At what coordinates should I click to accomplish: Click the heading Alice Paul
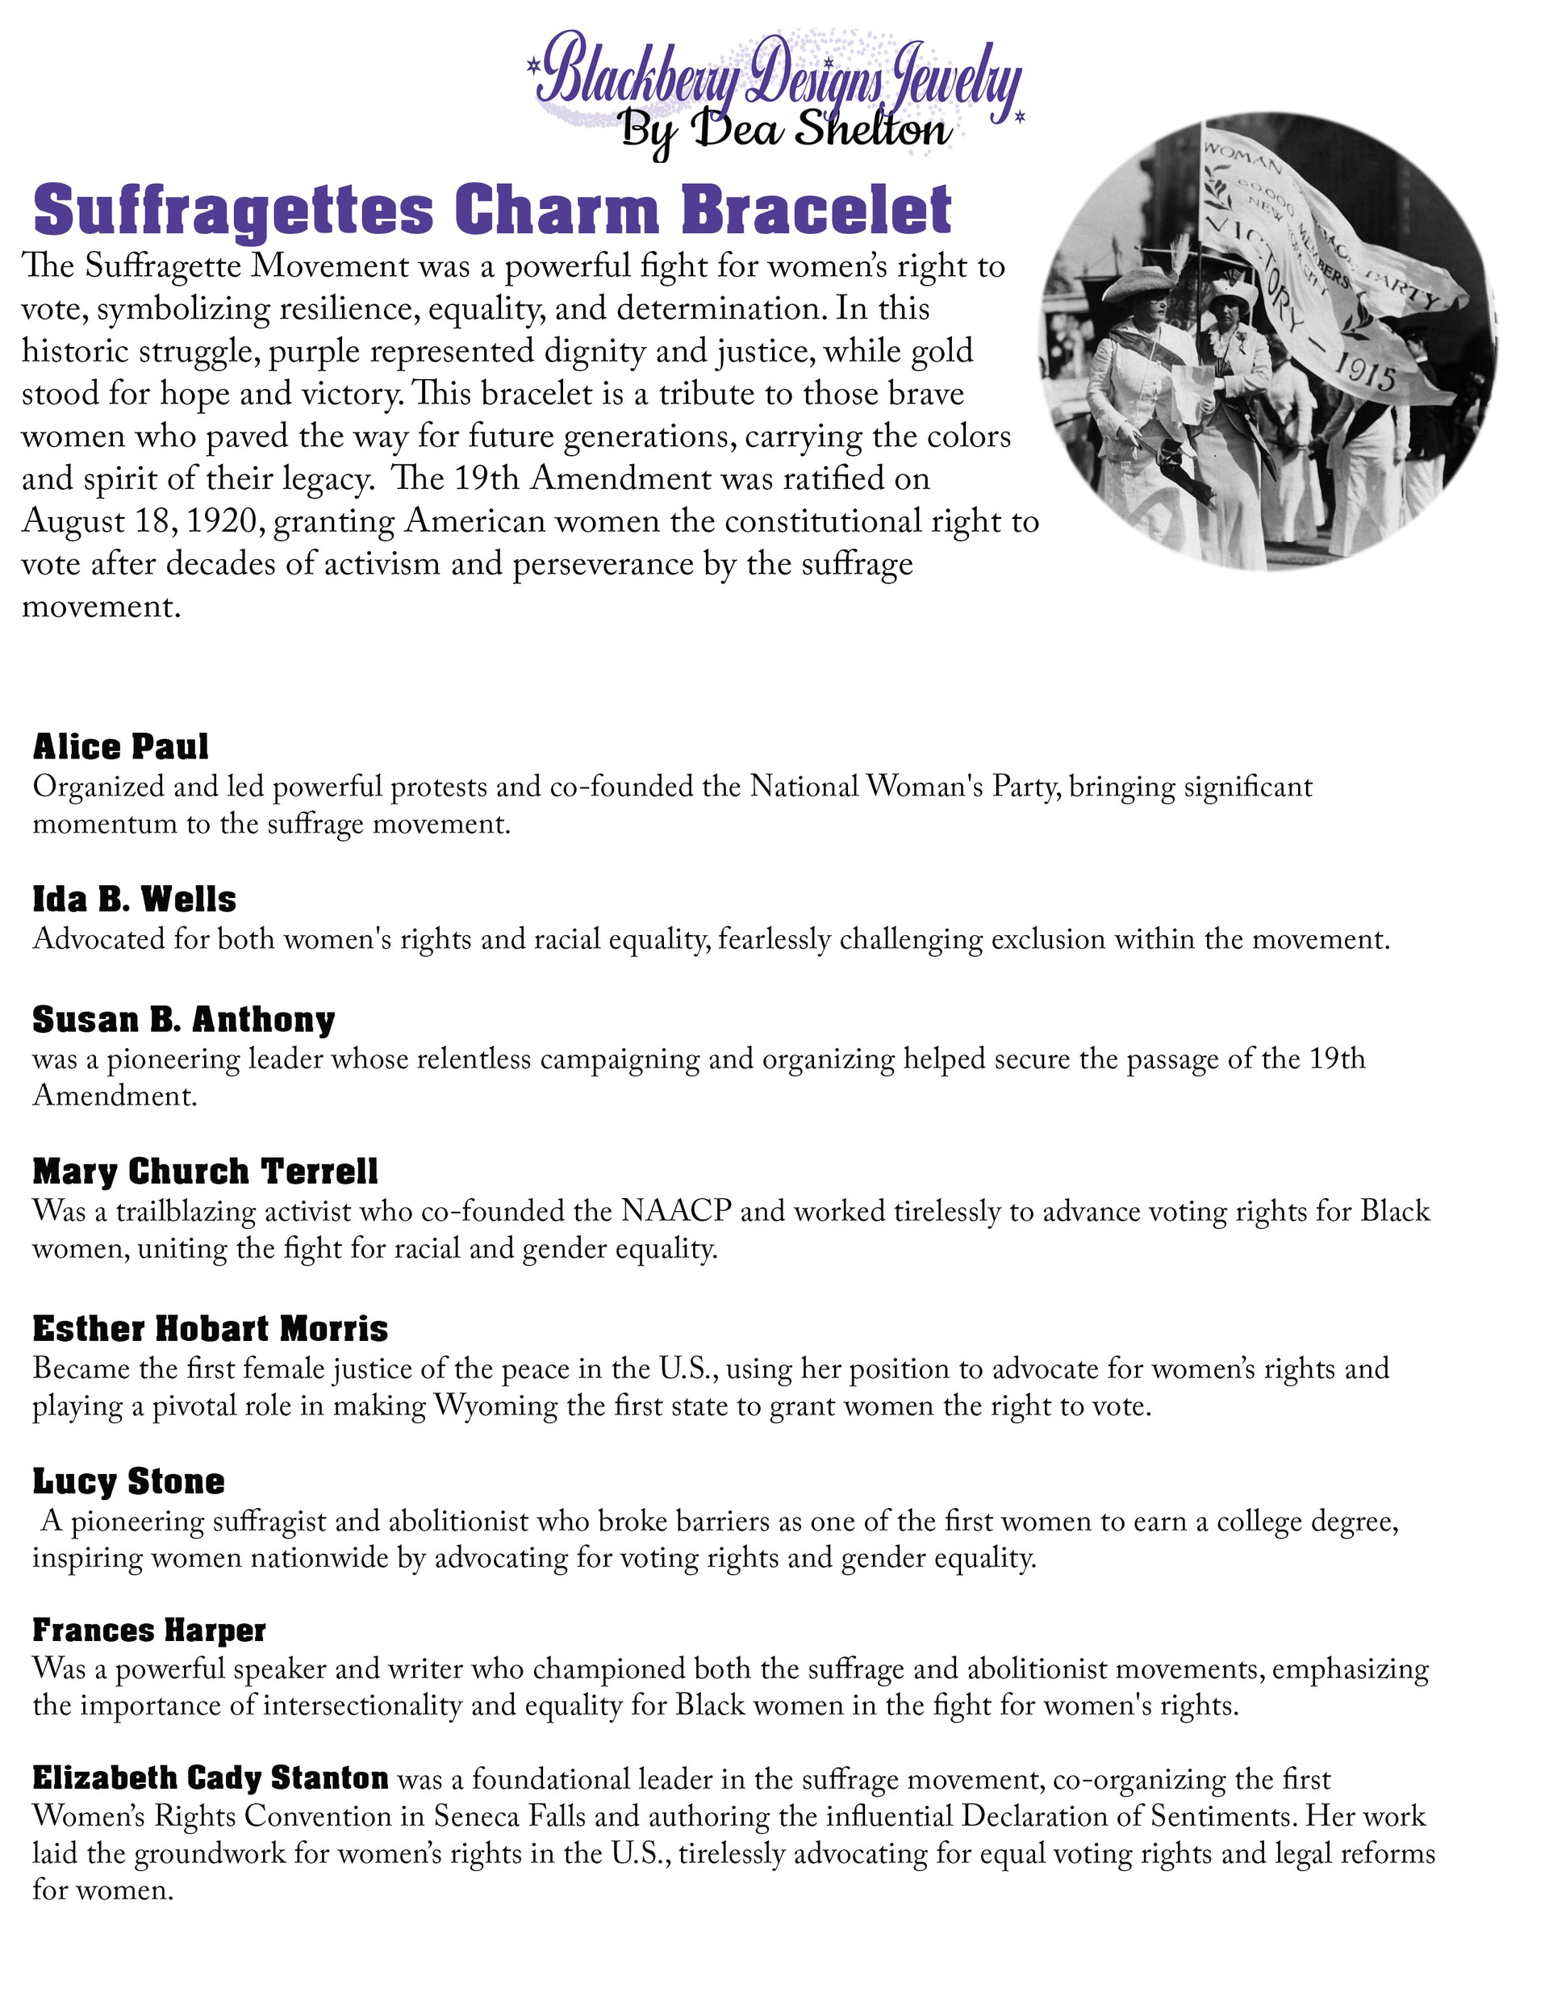click(120, 747)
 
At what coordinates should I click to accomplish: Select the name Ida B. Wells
click(134, 899)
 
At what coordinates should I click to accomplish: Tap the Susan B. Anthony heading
click(184, 1019)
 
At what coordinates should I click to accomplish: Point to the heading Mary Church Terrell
click(205, 1172)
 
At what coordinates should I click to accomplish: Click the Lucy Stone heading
click(128, 1481)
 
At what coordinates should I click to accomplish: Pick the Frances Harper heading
click(148, 1630)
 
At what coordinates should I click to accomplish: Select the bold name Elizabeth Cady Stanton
click(211, 1778)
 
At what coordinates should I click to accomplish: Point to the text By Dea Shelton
click(786, 129)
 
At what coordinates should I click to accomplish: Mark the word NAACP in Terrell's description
click(676, 1211)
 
